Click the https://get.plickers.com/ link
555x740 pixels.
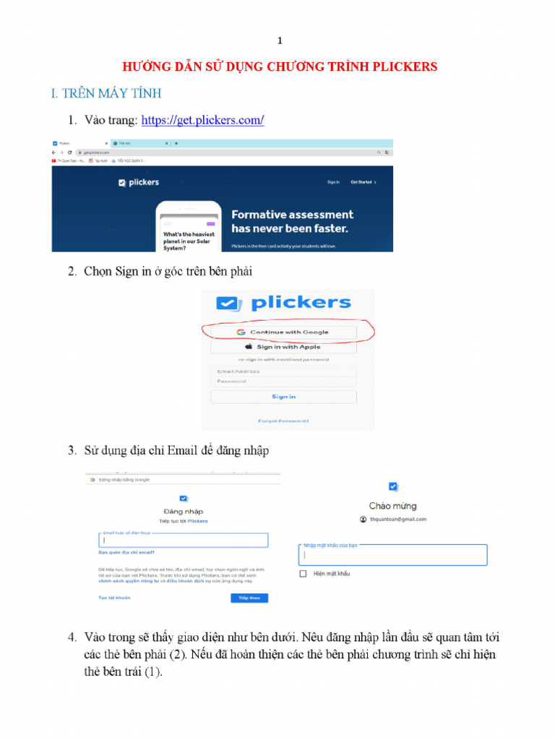[202, 121]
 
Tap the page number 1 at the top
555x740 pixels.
[280, 41]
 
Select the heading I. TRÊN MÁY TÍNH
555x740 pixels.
[106, 93]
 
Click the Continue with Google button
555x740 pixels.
[283, 332]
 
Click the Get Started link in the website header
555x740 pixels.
[362, 182]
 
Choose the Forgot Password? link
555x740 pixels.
[283, 421]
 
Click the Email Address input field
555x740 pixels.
[283, 371]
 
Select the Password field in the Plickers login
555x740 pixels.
[283, 382]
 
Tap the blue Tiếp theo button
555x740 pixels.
[249, 598]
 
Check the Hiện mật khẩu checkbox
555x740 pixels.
[304, 574]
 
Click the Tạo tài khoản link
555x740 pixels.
[114, 598]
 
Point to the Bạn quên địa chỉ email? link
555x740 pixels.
[126, 553]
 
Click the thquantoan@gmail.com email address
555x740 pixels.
[397, 519]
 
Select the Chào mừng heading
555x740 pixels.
[392, 506]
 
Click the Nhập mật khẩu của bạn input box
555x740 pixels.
[392, 556]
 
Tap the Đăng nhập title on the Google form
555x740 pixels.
[184, 512]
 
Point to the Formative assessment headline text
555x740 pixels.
[292, 215]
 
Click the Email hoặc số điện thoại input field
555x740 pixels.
[183, 540]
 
